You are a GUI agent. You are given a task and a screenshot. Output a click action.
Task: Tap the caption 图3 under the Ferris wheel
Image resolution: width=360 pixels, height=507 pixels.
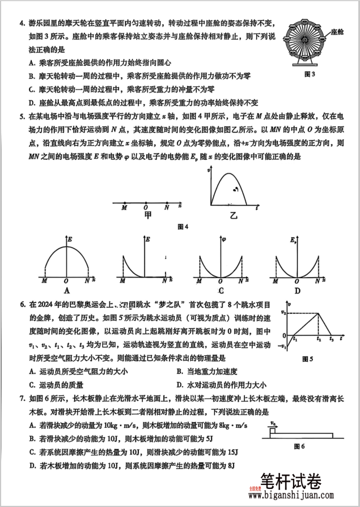click(310, 74)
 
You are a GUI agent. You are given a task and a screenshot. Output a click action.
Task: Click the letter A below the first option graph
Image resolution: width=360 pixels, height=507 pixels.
click(66, 291)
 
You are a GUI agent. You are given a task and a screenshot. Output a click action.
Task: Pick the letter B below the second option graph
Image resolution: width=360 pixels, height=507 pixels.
click(145, 291)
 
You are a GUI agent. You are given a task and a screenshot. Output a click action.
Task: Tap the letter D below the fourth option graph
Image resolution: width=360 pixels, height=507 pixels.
click(298, 291)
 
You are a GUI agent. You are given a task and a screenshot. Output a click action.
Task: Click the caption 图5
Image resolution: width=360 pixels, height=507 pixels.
click(308, 359)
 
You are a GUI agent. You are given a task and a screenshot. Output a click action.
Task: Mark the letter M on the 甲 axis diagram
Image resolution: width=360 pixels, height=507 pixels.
click(124, 208)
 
